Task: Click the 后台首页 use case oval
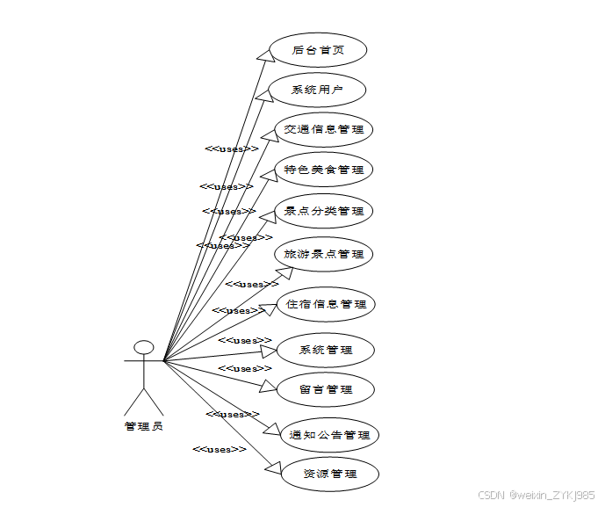[x=318, y=50]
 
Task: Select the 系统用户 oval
[x=316, y=90]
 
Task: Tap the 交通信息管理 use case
[x=324, y=130]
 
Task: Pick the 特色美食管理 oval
[x=324, y=170]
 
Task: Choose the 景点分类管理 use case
[x=324, y=211]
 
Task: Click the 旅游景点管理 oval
[x=324, y=254]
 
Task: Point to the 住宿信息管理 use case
[x=326, y=304]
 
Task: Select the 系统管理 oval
[x=326, y=350]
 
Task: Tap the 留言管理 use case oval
[x=326, y=389]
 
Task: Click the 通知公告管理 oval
[x=329, y=435]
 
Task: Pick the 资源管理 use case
[x=329, y=474]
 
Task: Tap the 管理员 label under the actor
[x=144, y=426]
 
